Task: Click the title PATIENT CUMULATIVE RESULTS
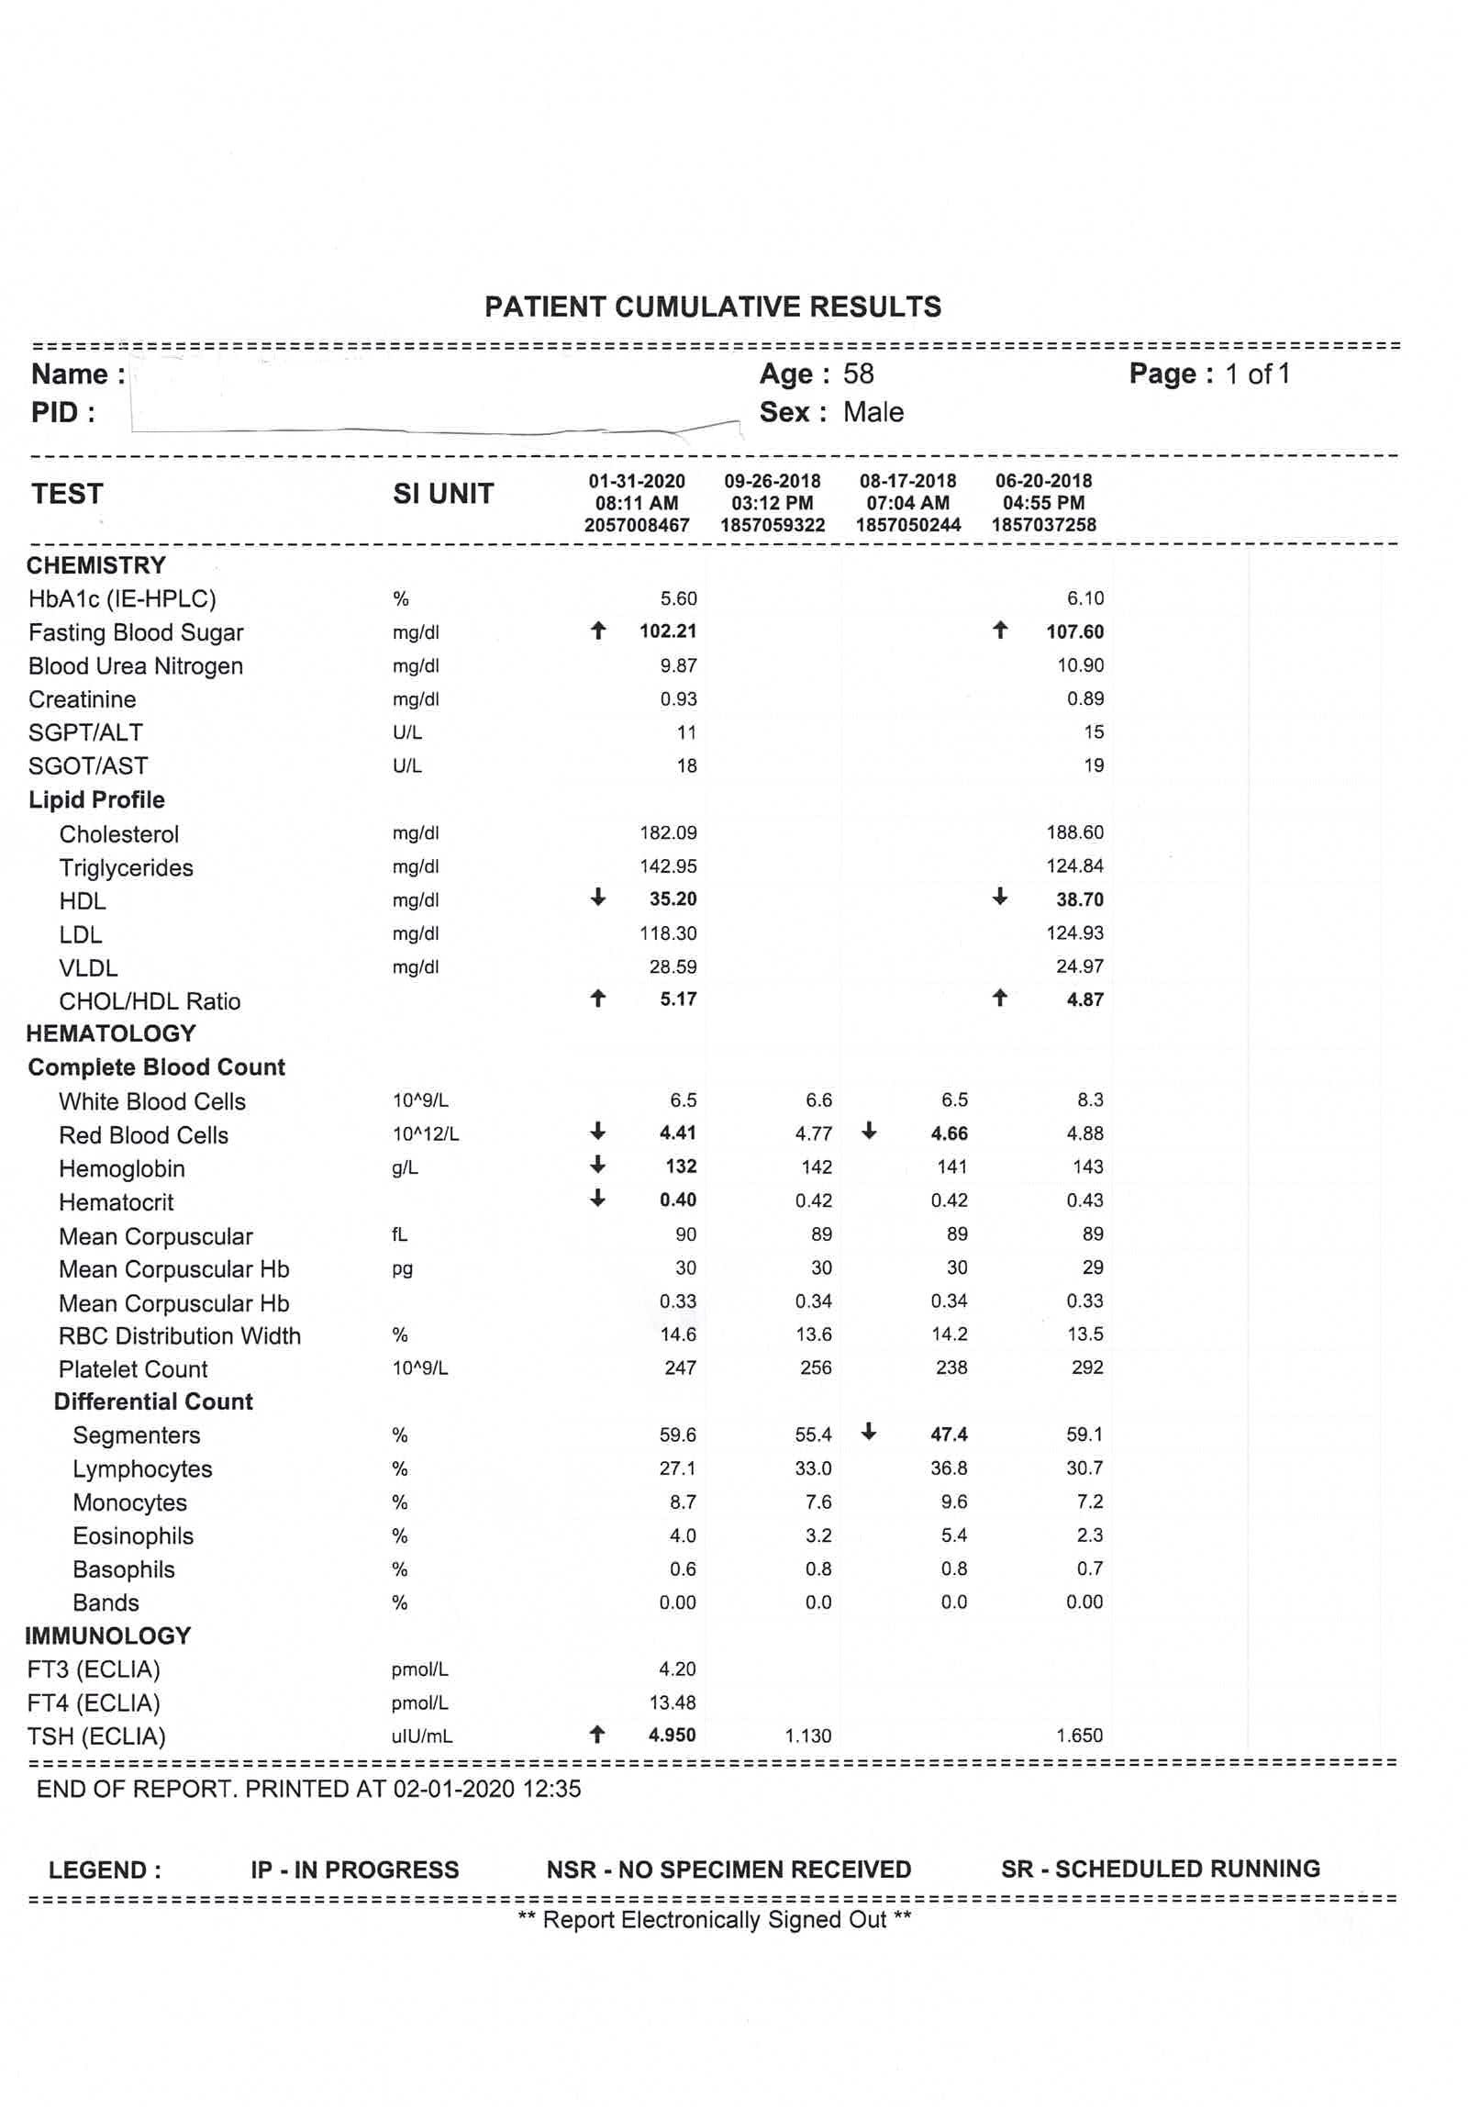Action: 713,307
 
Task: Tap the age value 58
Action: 858,374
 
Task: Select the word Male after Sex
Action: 873,413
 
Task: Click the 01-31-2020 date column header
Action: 637,481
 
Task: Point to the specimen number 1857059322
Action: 773,525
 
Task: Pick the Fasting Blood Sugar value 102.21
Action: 668,631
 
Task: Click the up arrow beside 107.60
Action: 1000,631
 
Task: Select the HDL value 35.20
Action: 673,899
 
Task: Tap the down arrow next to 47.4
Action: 869,1432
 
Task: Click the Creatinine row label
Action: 82,699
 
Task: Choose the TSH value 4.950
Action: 672,1735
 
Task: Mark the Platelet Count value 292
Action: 1086,1368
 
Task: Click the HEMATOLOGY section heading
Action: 111,1033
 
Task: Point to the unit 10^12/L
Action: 426,1134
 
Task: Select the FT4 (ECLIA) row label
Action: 94,1703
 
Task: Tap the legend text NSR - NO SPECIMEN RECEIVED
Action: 728,1870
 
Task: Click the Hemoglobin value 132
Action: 681,1167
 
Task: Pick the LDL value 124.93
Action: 1074,932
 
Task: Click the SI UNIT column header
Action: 443,495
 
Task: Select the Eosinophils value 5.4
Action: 953,1535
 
